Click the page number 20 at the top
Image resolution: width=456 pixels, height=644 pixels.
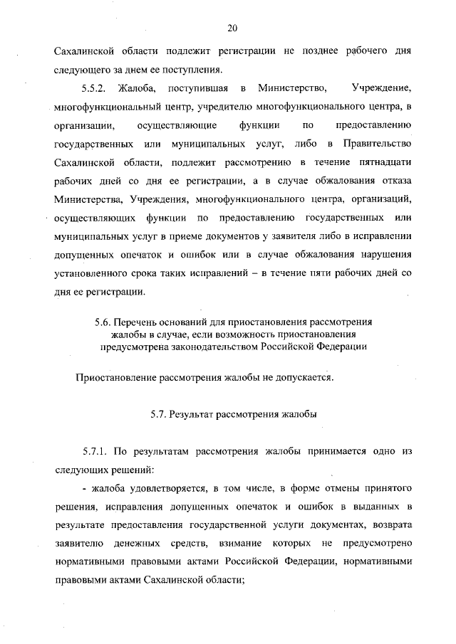coord(232,28)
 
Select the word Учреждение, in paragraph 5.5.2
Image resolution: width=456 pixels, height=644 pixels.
coord(383,89)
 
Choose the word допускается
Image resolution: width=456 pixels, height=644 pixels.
coord(302,377)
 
